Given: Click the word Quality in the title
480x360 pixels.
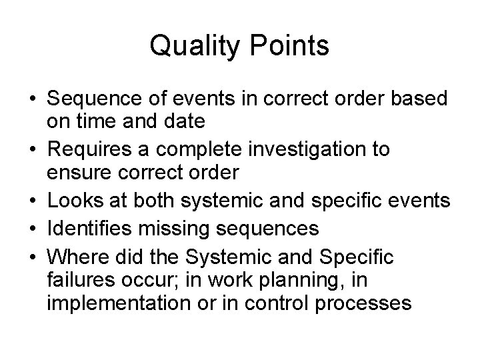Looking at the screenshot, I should pyautogui.click(x=194, y=47).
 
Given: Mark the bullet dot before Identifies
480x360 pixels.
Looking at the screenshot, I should pyautogui.click(x=33, y=228).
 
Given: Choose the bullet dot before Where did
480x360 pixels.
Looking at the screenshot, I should pyautogui.click(x=33, y=257).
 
